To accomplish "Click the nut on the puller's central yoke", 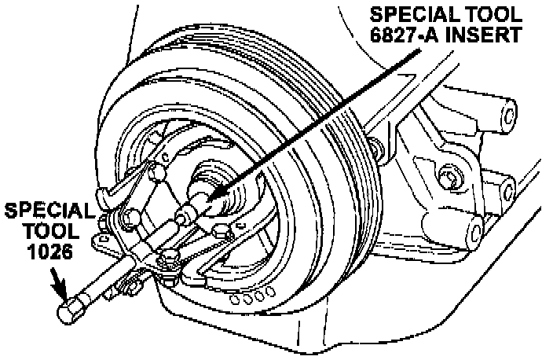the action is click(168, 256).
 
